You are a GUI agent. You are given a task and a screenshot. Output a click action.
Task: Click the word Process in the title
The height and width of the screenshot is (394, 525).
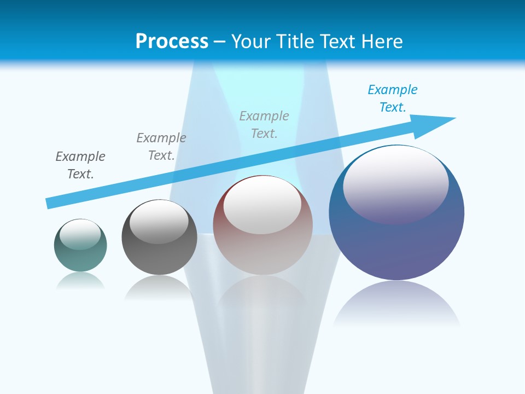(x=172, y=42)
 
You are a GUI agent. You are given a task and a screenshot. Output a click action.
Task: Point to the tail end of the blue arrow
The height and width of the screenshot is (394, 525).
(x=49, y=202)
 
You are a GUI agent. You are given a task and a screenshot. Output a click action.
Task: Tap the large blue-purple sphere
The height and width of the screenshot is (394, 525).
(x=396, y=246)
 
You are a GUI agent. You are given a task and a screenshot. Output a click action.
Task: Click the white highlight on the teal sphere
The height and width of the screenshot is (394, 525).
(x=80, y=234)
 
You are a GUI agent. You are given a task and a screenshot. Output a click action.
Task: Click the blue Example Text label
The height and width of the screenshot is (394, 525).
(x=393, y=99)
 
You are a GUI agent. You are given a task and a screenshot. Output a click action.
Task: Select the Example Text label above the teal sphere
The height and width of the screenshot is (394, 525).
(x=80, y=165)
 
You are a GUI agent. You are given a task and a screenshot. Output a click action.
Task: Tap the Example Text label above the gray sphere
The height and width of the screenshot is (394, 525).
(x=161, y=147)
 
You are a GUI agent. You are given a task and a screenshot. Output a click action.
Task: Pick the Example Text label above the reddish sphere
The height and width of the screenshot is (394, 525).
(x=264, y=125)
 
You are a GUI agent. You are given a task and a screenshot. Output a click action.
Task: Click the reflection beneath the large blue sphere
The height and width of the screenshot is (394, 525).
(x=396, y=304)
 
